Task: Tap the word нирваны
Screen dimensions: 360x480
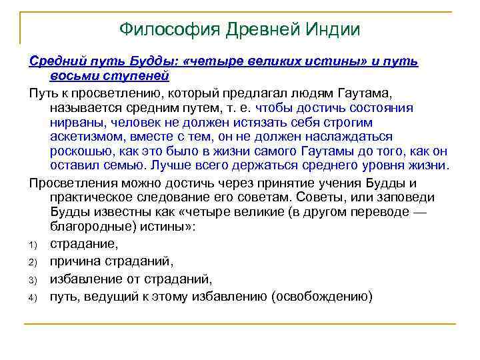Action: (x=75, y=122)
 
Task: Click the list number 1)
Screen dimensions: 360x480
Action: (x=34, y=245)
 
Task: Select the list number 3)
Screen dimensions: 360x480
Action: (x=34, y=279)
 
